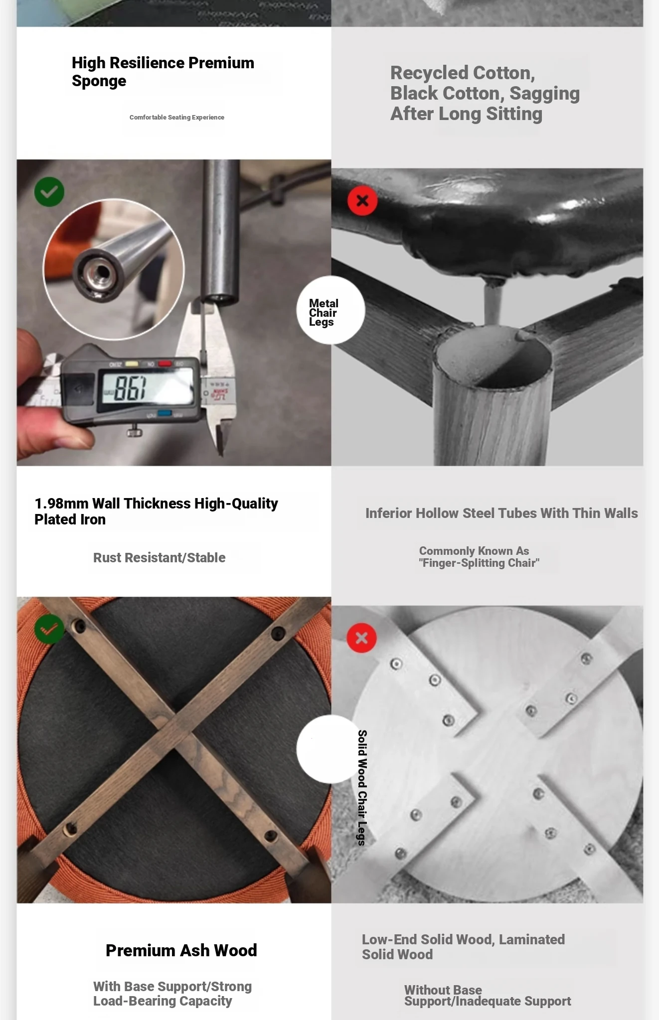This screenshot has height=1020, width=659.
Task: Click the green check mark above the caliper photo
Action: point(49,192)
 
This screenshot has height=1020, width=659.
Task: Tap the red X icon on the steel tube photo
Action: point(362,201)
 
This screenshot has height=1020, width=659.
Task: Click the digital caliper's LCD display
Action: point(148,388)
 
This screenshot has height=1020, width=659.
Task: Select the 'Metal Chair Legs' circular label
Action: point(330,310)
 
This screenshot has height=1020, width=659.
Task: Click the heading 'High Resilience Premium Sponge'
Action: point(163,72)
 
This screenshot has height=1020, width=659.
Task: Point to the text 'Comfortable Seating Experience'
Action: point(177,118)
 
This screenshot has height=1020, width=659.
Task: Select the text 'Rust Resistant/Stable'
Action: point(160,558)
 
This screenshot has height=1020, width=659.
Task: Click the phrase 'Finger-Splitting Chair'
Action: point(479,563)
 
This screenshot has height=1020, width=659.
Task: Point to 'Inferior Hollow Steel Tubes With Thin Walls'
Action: point(501,513)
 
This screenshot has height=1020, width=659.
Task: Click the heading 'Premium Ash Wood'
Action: point(181,950)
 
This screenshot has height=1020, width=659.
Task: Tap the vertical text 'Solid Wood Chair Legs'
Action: point(362,788)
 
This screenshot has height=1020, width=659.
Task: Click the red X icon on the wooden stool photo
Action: point(362,638)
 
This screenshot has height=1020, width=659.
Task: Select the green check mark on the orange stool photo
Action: point(49,629)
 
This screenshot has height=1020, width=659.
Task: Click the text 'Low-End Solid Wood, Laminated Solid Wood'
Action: point(464,947)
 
